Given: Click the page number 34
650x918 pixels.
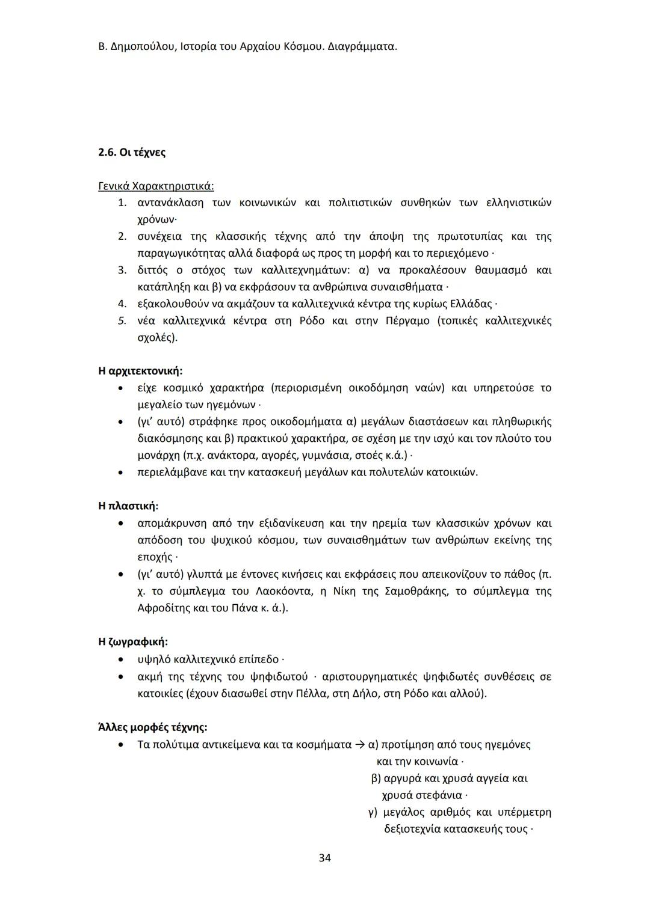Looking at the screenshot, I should pos(324,858).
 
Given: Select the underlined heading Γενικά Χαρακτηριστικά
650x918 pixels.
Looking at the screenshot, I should pos(156,186).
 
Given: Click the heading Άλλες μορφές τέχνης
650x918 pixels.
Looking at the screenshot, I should pos(152,727).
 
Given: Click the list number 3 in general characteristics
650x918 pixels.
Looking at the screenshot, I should pos(122,270).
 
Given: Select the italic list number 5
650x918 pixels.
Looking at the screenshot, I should pos(122,320).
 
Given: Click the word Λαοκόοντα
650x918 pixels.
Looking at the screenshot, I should pos(286,591).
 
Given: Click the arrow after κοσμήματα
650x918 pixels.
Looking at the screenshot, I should pos(360,745).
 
